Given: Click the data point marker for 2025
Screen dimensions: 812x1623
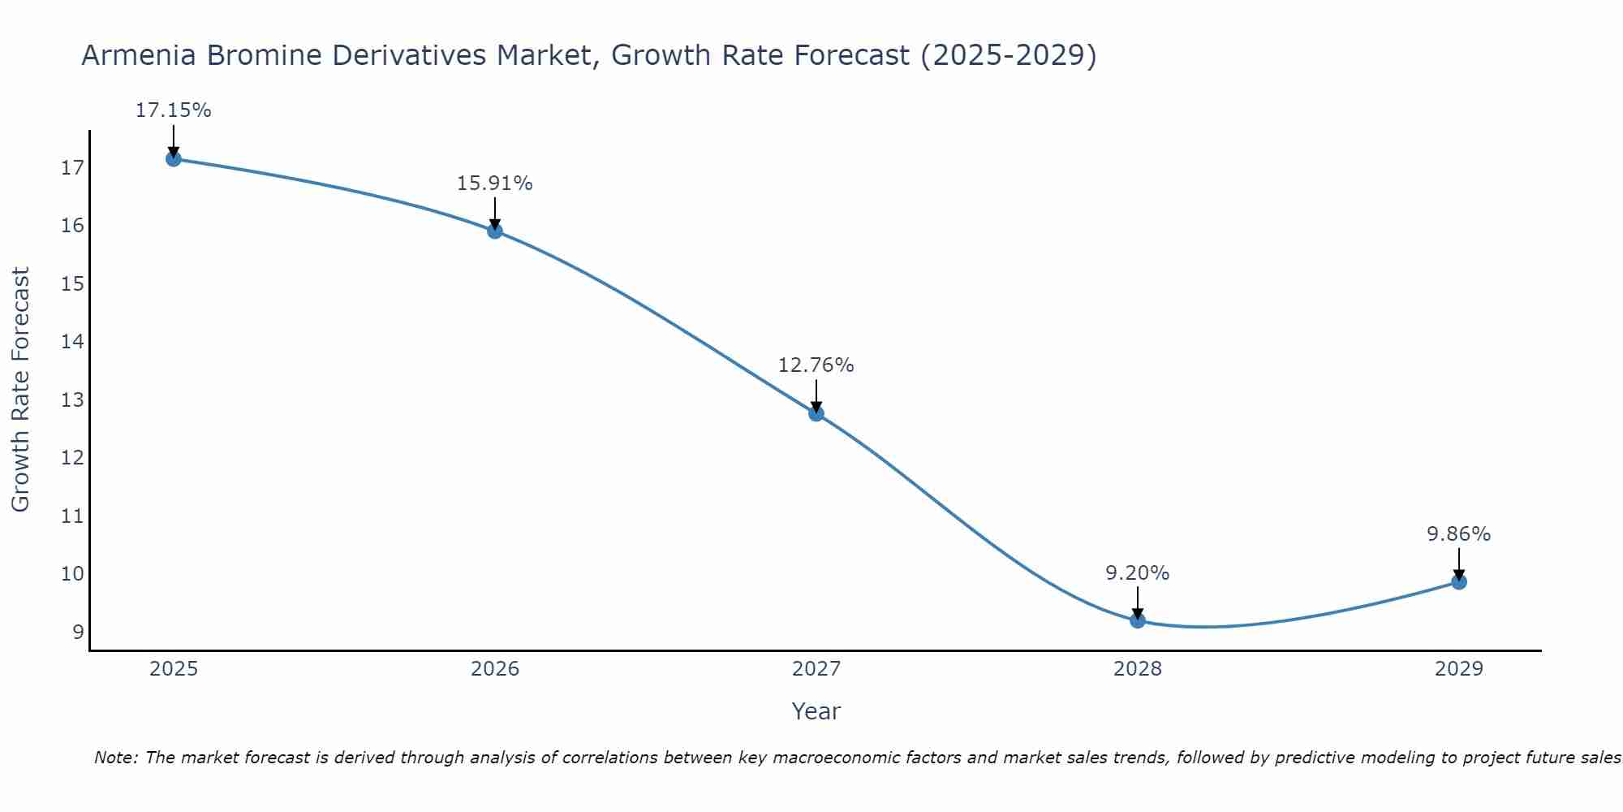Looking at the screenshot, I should pos(173,158).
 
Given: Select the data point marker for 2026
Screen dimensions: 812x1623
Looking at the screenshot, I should pos(495,231).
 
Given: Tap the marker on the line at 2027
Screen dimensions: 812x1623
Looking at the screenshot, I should pos(816,413).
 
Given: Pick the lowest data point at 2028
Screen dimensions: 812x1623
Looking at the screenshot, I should pos(1138,620).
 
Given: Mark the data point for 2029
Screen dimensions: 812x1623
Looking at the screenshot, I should pos(1459,581).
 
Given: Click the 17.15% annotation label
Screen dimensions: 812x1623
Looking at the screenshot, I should pos(173,110).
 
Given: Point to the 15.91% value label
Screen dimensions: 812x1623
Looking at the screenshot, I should pos(494,184).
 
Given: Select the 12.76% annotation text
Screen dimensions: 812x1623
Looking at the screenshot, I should pos(816,365).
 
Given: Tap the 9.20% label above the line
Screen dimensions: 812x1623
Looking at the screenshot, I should pos(1137,573).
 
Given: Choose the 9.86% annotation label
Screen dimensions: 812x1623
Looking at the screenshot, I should pos(1458,534).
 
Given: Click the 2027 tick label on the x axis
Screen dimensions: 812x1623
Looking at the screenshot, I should pos(816,669).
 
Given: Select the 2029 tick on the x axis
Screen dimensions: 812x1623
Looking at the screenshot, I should pos(1459,669).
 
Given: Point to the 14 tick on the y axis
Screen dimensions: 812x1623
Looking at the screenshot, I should pos(72,342).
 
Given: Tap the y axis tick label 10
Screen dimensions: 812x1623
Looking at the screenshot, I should pos(72,574).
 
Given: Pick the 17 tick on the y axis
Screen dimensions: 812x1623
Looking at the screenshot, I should pos(72,168).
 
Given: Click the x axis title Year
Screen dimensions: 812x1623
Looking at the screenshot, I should pos(816,711).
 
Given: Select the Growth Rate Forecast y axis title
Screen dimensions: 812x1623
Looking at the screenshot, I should pos(20,390).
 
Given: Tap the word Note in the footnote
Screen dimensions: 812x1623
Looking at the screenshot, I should pos(115,758).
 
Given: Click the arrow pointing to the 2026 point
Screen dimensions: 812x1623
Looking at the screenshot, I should pos(495,213).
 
